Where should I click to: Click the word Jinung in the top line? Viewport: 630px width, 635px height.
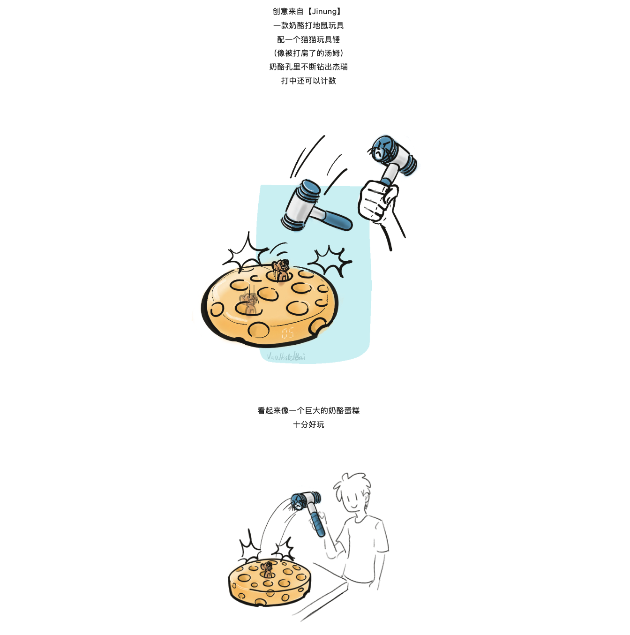pos(324,11)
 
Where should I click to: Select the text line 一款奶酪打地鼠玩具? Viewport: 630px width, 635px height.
pos(308,25)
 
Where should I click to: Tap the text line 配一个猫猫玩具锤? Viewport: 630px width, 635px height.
pos(308,39)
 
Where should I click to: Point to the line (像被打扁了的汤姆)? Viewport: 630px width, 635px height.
pos(308,53)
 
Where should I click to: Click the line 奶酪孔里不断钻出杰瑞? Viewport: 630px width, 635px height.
pos(308,67)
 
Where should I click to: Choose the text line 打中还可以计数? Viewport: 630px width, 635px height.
pos(308,81)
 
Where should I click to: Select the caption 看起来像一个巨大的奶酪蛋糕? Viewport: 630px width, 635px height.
pos(308,410)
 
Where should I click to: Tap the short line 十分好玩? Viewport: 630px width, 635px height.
pos(308,424)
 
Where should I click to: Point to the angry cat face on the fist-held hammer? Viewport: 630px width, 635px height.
pos(379,150)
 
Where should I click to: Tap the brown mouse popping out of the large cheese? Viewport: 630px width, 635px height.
pos(281,270)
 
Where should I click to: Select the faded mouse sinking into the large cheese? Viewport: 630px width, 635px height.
pos(248,303)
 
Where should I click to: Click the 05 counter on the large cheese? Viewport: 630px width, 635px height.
pos(288,333)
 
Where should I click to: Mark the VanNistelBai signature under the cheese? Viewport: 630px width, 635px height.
pos(286,357)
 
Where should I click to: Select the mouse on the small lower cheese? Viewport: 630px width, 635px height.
pos(268,569)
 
